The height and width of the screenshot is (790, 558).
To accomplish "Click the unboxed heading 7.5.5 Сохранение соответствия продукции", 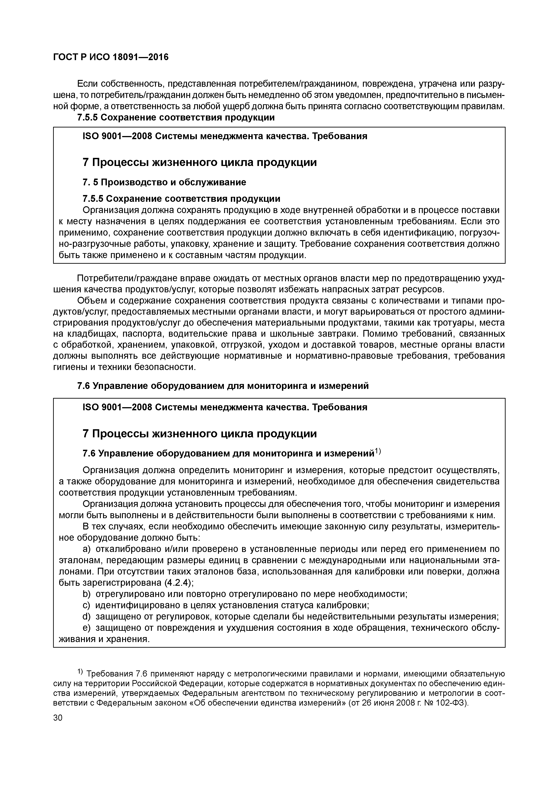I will (x=176, y=118).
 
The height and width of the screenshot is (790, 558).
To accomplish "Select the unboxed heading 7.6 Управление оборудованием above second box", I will (x=223, y=386).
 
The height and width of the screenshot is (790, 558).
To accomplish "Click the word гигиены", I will (x=70, y=367).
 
